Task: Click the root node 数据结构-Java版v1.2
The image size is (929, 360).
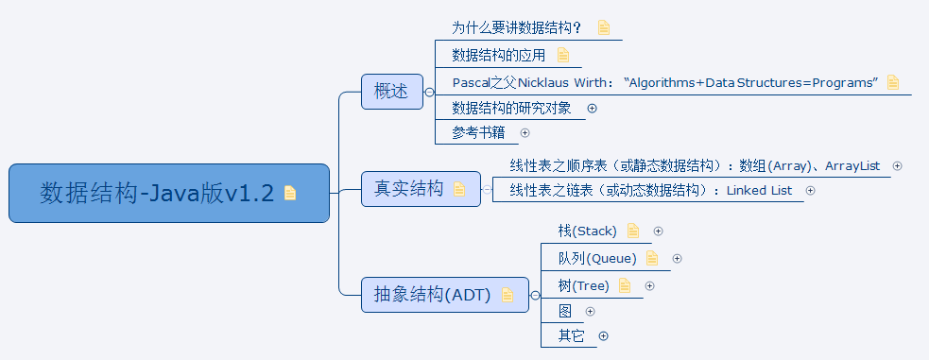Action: [x=157, y=194]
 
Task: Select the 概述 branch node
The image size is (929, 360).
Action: [x=391, y=92]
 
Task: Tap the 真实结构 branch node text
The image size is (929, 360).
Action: [x=407, y=189]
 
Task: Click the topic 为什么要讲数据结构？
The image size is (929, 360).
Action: [x=516, y=27]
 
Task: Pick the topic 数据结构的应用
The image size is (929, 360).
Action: [x=499, y=55]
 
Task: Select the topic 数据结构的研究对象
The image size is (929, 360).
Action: [x=511, y=108]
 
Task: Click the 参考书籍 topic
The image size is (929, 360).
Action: [x=478, y=133]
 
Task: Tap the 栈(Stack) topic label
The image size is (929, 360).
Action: [x=587, y=231]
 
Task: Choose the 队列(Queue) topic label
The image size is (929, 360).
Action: [x=596, y=258]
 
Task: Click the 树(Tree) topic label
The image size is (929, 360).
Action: [x=583, y=285]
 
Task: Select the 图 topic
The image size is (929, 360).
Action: [x=565, y=311]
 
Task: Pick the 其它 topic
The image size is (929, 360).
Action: [x=571, y=335]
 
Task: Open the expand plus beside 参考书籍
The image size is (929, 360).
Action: [x=525, y=133]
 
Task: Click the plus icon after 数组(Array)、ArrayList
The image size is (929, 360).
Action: [x=897, y=165]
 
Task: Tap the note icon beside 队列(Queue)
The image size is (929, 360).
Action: [x=652, y=258]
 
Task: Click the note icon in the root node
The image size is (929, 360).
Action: [x=290, y=194]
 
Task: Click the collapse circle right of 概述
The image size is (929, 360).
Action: [x=429, y=92]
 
